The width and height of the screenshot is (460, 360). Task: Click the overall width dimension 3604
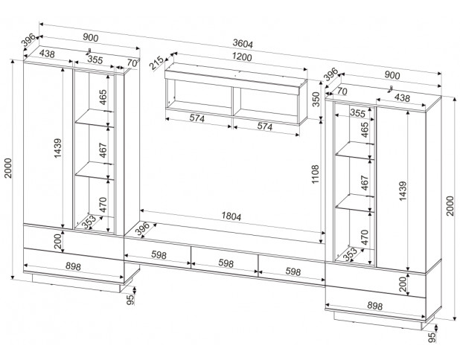(x=241, y=45)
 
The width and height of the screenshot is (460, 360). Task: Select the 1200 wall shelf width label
(x=240, y=57)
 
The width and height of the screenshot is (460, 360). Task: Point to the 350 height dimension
(x=315, y=100)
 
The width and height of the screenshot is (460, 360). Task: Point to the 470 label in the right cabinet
(x=364, y=238)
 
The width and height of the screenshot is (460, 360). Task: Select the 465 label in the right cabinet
(x=364, y=129)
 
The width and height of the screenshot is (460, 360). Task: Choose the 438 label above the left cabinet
(x=47, y=54)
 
